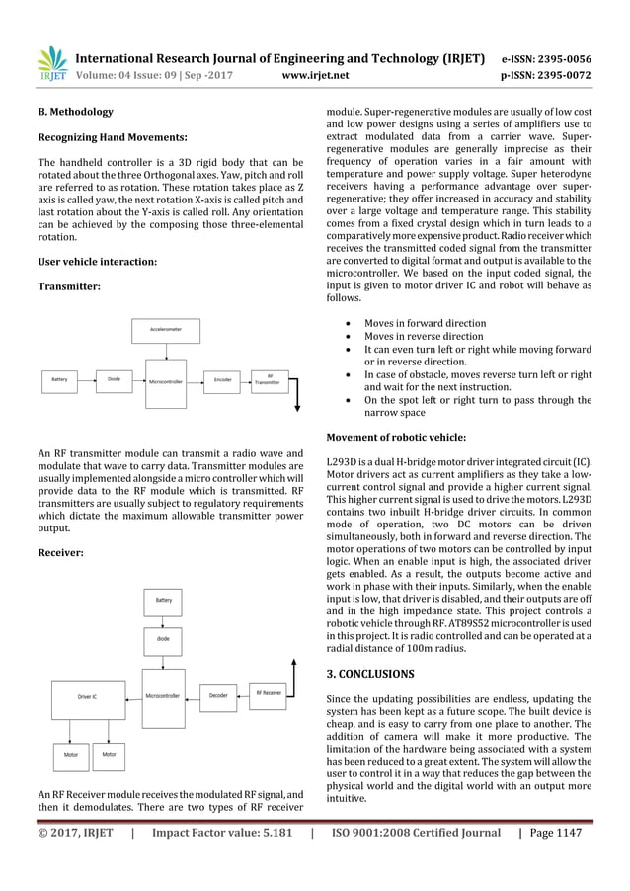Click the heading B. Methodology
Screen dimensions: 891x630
pyautogui.click(x=75, y=113)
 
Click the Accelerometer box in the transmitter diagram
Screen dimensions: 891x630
pyautogui.click(x=165, y=327)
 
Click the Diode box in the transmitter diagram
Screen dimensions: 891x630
pyautogui.click(x=114, y=378)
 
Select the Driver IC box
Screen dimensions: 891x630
pyautogui.click(x=87, y=697)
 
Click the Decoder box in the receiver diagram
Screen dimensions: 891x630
pyautogui.click(x=218, y=695)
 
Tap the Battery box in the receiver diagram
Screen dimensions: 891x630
pyautogui.click(x=162, y=599)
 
